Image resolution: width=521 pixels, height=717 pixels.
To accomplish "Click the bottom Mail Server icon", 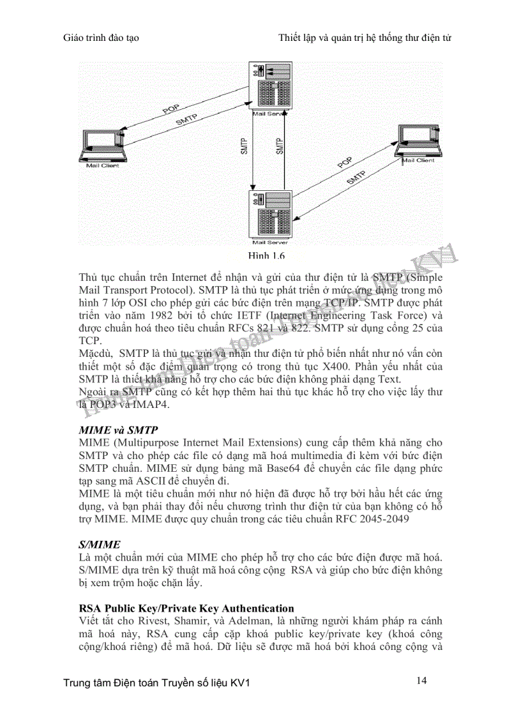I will pyautogui.click(x=268, y=214).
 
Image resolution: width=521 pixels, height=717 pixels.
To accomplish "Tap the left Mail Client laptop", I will pyautogui.click(x=102, y=146).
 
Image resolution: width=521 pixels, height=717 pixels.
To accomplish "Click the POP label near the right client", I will pyautogui.click(x=345, y=163).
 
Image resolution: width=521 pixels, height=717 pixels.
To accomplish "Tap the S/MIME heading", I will pyautogui.click(x=99, y=545).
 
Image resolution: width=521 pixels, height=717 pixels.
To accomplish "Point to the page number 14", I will pyautogui.click(x=421, y=681).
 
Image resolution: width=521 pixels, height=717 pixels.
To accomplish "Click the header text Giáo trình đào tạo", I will pyautogui.click(x=102, y=38).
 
